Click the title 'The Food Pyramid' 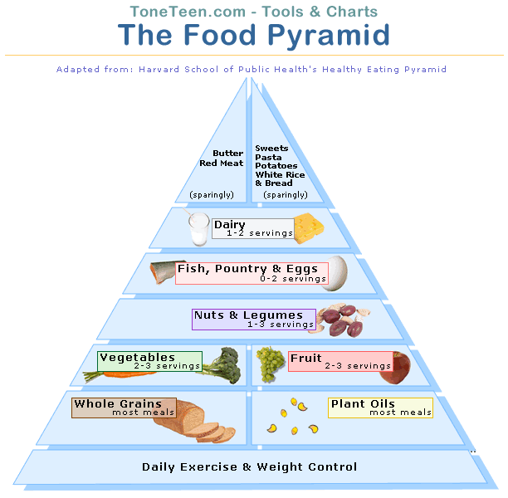(x=254, y=36)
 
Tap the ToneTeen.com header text (x=254, y=12)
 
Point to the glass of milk (x=198, y=228)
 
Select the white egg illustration (x=336, y=273)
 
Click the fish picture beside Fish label (x=163, y=272)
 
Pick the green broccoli (x=221, y=364)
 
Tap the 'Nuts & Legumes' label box (x=253, y=320)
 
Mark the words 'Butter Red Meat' (x=222, y=158)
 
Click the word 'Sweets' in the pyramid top (x=271, y=149)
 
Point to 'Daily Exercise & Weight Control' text (x=249, y=466)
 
